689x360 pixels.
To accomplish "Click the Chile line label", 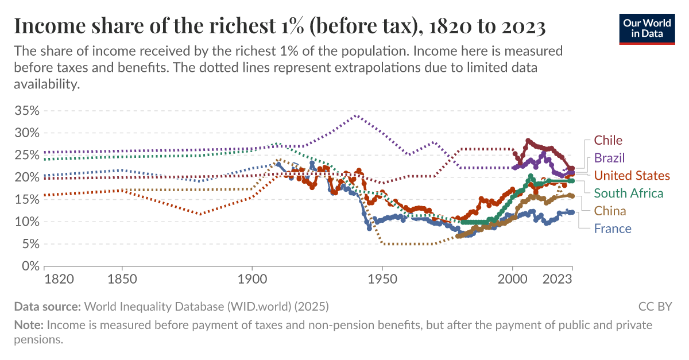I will coord(608,140).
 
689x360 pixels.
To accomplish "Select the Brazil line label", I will coord(609,158).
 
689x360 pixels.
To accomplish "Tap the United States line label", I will coord(632,175).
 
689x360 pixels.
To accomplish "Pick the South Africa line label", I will coord(628,193).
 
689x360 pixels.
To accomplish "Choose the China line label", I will coord(610,211).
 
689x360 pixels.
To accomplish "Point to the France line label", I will coord(612,229).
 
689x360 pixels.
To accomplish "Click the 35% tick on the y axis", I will coord(26,110).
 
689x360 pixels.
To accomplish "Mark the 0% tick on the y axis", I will coord(29,266).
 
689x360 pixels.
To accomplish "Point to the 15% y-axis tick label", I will coord(26,200).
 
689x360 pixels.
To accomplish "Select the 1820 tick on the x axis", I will coord(59,280).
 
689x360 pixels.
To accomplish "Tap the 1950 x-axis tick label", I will coord(382,280).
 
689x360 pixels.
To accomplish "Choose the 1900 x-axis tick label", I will coord(252,280).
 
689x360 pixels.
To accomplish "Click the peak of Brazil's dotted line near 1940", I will coord(356,115).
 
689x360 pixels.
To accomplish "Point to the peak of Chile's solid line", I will coord(528,140).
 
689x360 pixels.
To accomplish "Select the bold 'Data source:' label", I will coord(48,306).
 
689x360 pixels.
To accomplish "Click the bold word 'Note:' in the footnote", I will coord(28,325).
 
